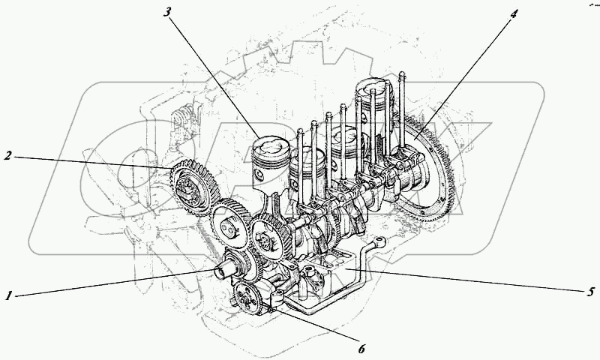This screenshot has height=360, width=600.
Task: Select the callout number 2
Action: (7, 156)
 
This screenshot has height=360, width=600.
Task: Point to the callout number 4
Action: (513, 13)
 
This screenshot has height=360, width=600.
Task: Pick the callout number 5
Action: (589, 290)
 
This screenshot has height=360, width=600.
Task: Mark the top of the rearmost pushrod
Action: (403, 74)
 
